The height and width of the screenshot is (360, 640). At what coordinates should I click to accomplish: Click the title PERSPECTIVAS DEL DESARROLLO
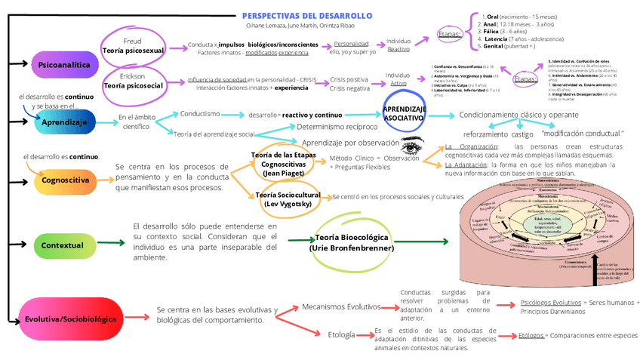tap(307, 16)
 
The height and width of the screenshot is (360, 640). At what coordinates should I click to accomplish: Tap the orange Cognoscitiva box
tap(66, 181)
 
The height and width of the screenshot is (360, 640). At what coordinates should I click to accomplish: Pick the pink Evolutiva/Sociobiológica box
tap(70, 318)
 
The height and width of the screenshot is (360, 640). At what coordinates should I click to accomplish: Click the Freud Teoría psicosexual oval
tap(133, 44)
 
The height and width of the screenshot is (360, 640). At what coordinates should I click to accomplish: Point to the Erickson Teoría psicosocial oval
tap(133, 82)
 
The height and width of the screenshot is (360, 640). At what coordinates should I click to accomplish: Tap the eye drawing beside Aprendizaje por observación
tap(414, 143)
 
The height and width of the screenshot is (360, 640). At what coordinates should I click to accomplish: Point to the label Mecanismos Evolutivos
tap(341, 307)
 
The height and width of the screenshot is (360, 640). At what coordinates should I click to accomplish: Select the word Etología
tap(340, 334)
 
